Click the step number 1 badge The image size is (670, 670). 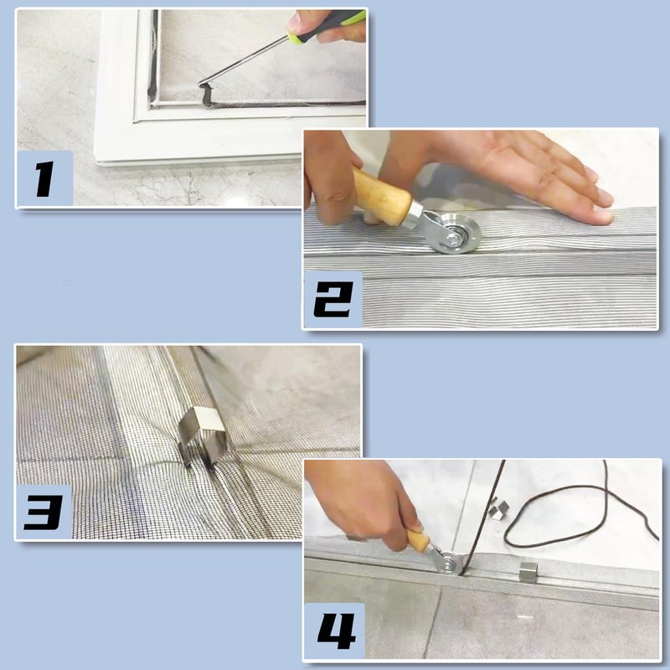45,178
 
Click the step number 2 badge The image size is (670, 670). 333,300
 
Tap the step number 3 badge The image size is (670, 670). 44,512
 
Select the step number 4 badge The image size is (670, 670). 334,631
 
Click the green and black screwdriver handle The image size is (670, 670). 327,27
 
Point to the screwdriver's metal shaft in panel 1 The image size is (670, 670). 244,60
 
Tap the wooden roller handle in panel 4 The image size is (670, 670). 419,540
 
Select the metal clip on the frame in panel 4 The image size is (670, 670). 528,573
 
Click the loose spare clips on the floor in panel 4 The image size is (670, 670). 499,508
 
